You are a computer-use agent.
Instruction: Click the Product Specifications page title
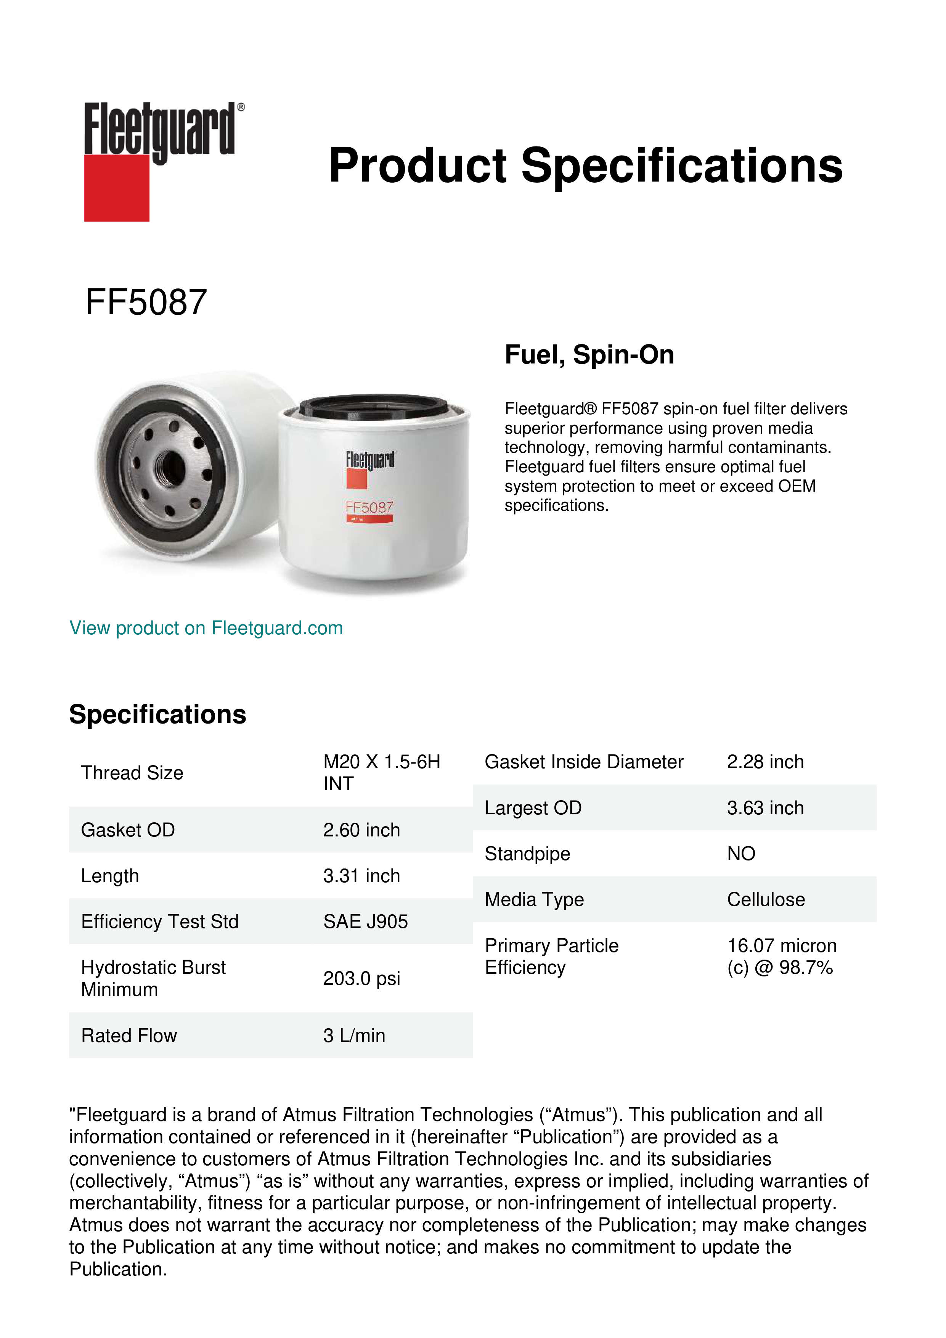coord(585,166)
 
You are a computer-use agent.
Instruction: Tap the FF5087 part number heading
coord(146,302)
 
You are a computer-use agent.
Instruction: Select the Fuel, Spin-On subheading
coord(589,355)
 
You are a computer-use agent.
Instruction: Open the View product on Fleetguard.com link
coord(206,628)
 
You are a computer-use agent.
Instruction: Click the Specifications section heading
coord(157,714)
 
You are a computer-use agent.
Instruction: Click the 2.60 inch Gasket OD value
coord(361,830)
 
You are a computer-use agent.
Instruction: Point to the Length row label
coord(110,876)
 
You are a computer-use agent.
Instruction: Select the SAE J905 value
coord(365,921)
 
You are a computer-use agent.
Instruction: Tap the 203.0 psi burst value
coord(361,978)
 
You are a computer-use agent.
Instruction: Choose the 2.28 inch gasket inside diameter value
coord(765,762)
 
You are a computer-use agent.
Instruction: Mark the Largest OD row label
coord(533,808)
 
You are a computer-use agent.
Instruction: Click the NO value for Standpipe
coord(741,854)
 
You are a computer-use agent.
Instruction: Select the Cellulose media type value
coord(765,900)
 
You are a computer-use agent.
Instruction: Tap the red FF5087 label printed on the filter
coord(369,508)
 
